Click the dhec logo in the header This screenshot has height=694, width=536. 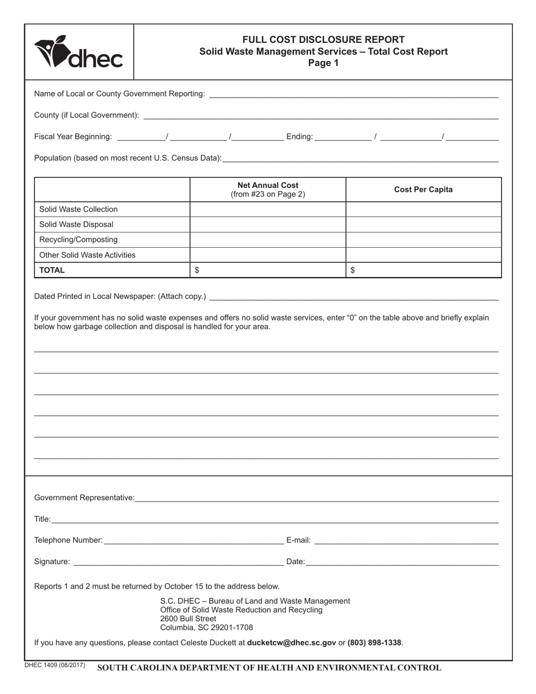[78, 52]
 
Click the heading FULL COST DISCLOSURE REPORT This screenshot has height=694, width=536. [323, 39]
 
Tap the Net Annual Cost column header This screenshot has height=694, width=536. [268, 190]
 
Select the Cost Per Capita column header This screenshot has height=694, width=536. [423, 190]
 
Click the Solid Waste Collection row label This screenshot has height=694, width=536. [78, 209]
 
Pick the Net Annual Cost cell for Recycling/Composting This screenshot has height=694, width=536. [268, 240]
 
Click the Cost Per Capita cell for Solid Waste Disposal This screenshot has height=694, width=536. [423, 225]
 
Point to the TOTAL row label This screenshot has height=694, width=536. [52, 270]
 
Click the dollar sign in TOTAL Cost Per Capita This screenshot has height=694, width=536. [353, 270]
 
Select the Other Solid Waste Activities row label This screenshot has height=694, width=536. [87, 255]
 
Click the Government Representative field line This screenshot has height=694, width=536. [316, 498]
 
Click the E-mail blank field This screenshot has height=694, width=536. [406, 541]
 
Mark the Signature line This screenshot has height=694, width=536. [178, 563]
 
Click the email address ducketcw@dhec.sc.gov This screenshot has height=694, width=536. [292, 643]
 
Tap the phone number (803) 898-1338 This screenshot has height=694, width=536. [374, 643]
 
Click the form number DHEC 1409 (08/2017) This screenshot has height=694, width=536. [55, 665]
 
